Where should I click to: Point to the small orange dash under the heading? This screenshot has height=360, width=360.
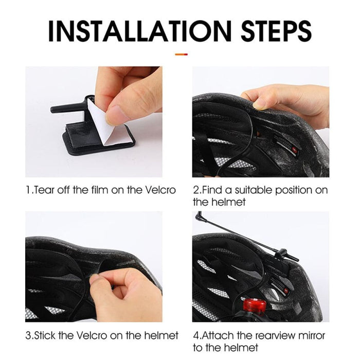coord(181,53)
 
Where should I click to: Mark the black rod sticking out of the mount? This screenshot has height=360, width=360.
coord(64,109)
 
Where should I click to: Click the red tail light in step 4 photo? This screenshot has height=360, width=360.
coord(255,306)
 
